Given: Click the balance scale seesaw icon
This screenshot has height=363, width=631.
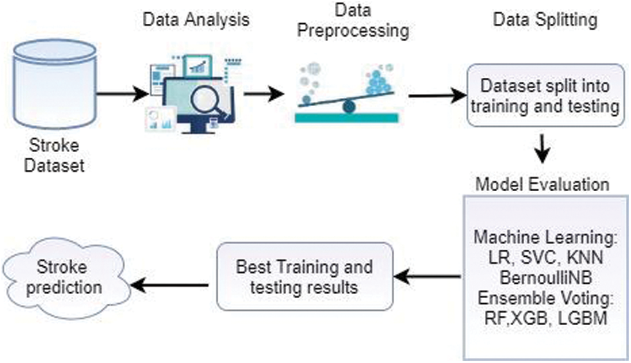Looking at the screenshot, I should (348, 97).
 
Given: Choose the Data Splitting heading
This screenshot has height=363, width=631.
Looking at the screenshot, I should (545, 20).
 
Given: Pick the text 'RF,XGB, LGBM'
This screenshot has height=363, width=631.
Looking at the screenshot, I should (545, 317).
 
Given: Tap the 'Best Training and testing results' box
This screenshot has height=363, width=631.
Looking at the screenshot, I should (305, 276).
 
